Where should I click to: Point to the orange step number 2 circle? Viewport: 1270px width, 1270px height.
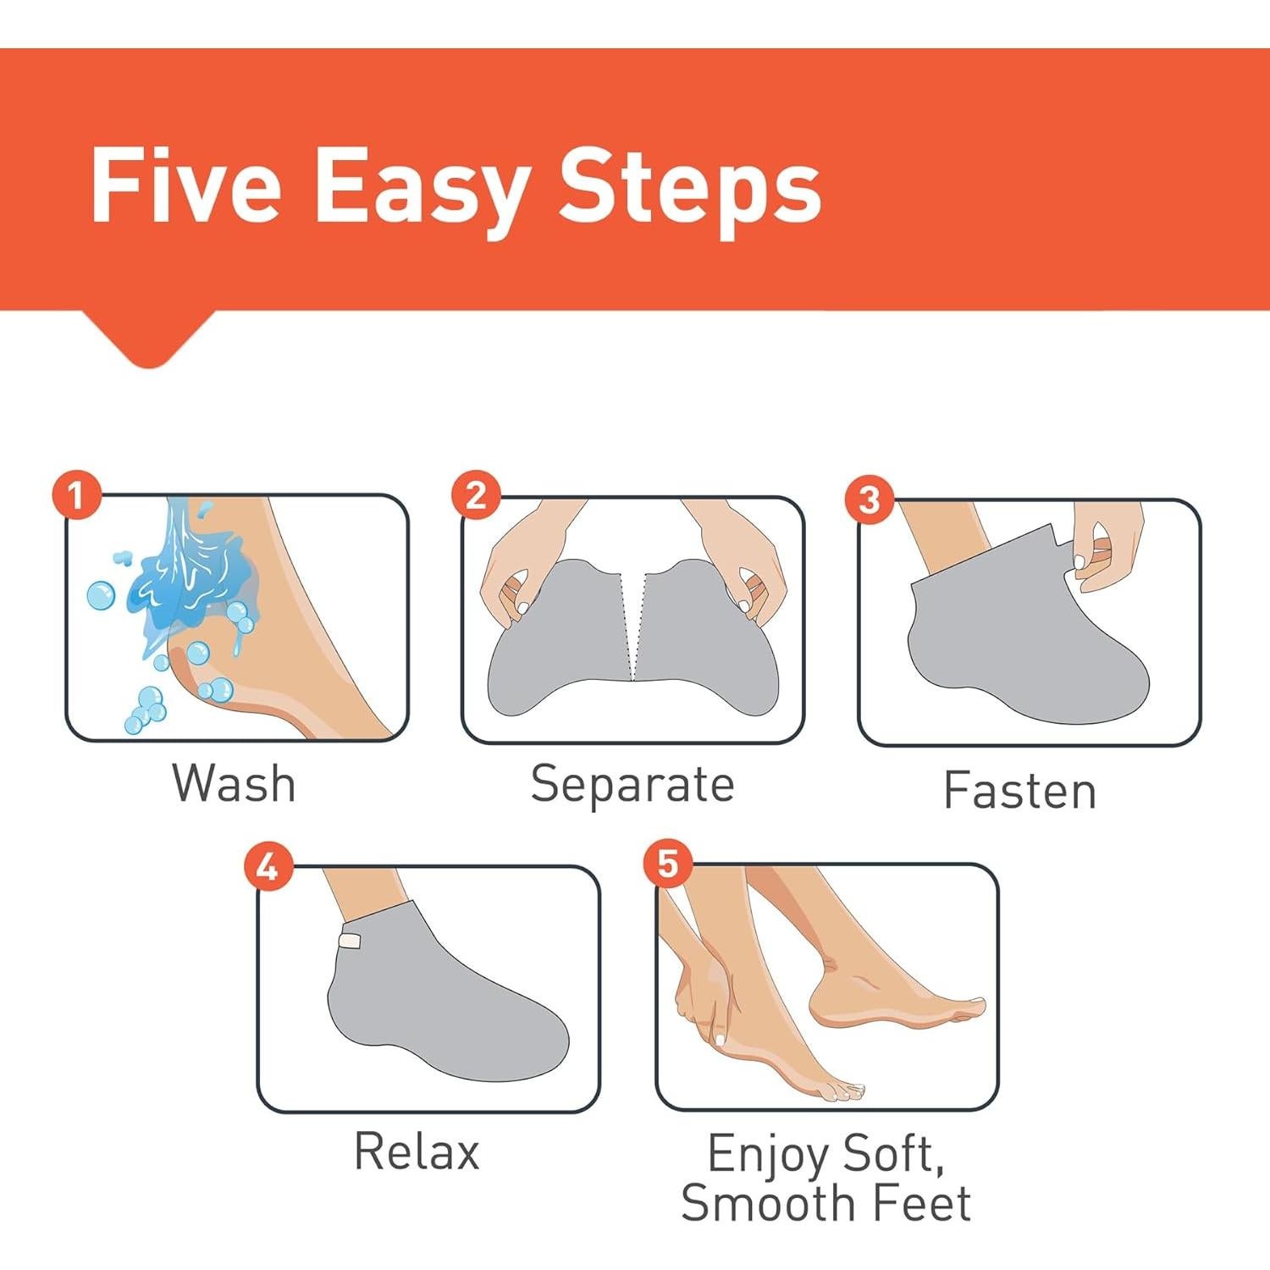coord(476,494)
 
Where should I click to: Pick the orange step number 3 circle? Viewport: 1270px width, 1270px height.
coord(870,499)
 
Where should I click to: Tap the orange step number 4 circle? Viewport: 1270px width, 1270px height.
coord(268,867)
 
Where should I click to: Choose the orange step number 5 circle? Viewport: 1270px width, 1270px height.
coord(668,864)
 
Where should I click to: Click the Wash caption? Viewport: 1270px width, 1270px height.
coord(235,783)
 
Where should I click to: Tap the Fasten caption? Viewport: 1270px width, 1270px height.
coord(1020,791)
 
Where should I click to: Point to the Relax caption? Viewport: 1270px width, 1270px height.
coord(417,1151)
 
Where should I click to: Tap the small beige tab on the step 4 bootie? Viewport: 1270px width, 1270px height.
coord(350,940)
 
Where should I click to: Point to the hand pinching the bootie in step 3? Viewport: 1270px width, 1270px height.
coord(1105,546)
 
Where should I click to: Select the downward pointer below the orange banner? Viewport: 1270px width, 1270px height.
coord(149,339)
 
